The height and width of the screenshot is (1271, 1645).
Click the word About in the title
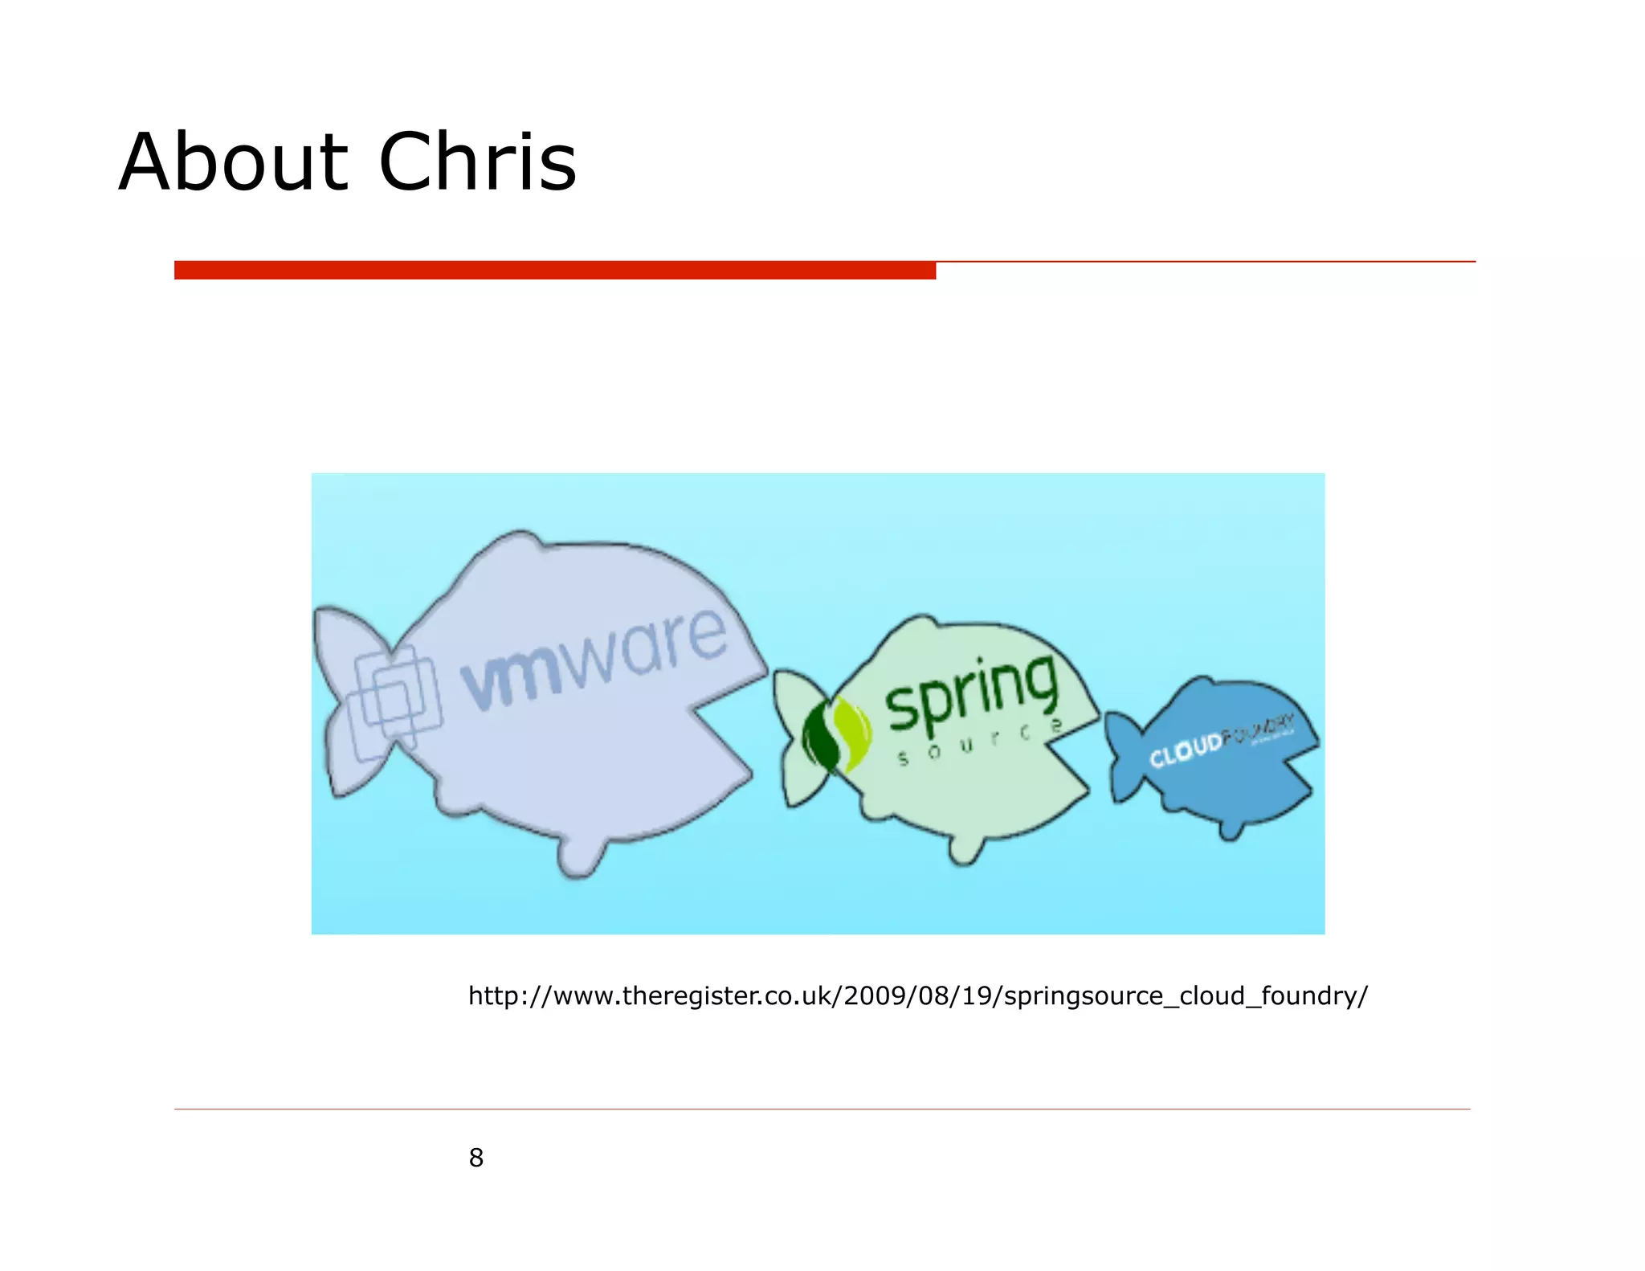click(x=233, y=162)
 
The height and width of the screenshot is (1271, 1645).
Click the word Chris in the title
click(x=477, y=162)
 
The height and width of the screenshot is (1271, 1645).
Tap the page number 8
click(x=476, y=1158)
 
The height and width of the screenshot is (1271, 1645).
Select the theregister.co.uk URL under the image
click(x=917, y=995)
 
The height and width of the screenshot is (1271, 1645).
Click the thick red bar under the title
click(x=554, y=270)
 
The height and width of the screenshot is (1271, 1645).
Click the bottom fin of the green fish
click(x=965, y=848)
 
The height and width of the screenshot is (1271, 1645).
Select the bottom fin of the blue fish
click(x=1230, y=828)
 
